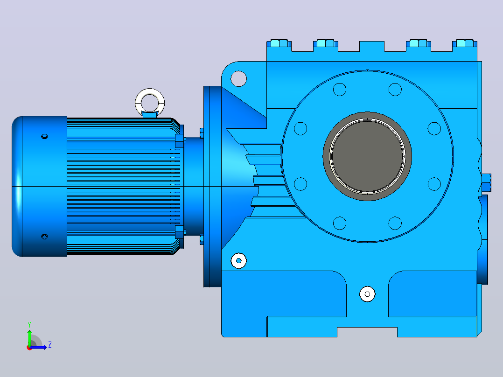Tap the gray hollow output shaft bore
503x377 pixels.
tap(367, 157)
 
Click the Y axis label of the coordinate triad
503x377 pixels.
tap(29, 325)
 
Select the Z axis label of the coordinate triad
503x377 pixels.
tap(50, 345)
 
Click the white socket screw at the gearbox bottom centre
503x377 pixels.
tap(367, 294)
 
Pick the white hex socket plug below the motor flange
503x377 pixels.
tap(239, 260)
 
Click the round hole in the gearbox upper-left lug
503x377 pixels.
tap(239, 78)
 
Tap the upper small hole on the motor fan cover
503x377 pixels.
tap(45, 136)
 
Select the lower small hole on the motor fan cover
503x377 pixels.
tap(45, 237)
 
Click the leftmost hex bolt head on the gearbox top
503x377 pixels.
tap(279, 43)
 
